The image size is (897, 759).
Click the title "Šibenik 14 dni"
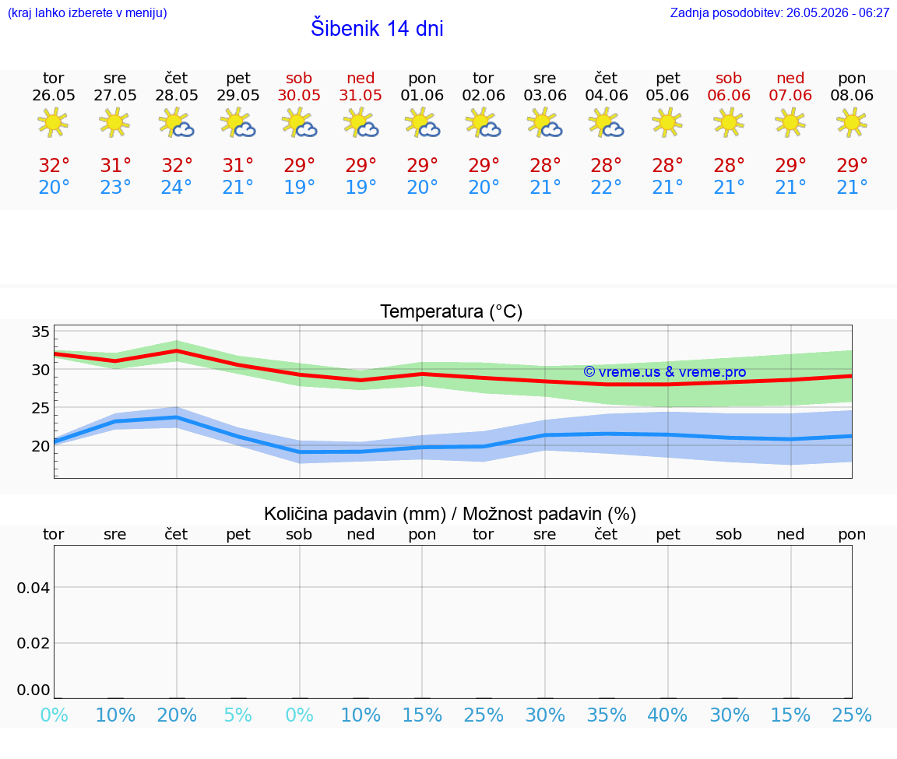377,28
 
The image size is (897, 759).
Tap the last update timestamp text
779,12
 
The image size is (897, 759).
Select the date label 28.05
177,95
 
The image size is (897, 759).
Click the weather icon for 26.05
53,123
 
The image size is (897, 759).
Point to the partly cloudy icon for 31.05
361,124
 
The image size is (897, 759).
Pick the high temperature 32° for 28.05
177,165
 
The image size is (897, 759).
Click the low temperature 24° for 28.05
176,187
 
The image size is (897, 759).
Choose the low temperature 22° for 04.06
606,187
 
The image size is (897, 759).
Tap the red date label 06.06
729,95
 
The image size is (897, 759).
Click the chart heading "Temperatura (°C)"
452,311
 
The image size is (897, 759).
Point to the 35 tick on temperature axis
40,332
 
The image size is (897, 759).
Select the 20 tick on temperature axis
40,446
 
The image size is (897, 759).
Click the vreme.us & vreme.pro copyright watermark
665,372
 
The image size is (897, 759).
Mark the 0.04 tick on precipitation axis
33,588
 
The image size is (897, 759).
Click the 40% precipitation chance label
667,715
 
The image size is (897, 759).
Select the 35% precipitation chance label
607,715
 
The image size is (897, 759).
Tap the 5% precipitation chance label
238,715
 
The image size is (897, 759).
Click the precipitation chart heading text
450,514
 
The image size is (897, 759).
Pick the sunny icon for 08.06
852,123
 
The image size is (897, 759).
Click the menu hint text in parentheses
87,12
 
